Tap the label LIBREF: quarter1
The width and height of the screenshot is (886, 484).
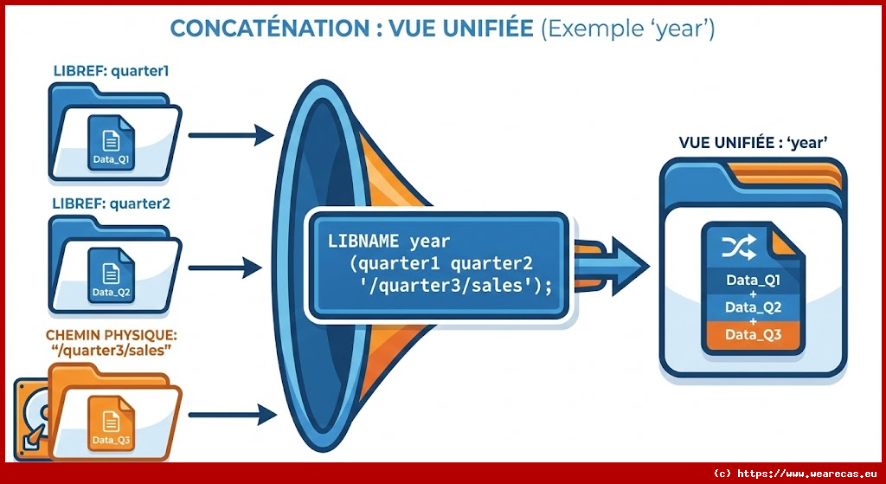111,71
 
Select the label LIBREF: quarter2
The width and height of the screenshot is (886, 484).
111,203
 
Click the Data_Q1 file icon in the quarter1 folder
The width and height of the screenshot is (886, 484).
111,142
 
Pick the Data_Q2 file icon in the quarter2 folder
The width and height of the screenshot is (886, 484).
111,275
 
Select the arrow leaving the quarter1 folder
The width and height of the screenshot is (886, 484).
231,135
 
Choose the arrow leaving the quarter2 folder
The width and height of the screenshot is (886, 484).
225,268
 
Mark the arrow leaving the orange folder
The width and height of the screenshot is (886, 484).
232,415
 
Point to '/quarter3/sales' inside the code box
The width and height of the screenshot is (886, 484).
449,286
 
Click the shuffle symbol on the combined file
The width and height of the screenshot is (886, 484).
739,248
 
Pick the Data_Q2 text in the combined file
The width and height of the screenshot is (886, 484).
754,307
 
